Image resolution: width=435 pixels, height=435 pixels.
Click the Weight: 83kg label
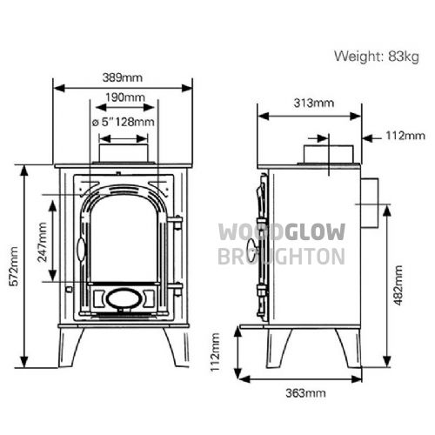377,57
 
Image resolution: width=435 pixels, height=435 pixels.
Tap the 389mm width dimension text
123,77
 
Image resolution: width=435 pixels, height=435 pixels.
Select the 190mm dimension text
125,97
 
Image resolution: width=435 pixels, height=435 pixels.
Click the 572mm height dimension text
14,266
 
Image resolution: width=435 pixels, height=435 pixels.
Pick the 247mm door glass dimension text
43,242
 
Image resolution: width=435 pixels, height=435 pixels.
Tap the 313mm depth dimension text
314,103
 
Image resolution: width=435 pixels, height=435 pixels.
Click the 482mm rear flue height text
398,285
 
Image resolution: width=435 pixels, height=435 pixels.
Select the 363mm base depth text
305,393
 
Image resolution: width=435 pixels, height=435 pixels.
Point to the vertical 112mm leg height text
215,352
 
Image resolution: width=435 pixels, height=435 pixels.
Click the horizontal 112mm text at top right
405,136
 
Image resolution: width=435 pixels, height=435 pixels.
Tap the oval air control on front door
124,298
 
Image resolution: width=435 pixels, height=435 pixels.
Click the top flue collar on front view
124,153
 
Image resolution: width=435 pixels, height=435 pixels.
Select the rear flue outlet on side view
370,203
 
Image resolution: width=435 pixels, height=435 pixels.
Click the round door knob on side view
251,247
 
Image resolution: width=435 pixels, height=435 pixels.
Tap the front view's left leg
70,347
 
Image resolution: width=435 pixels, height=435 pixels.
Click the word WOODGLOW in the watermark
282,232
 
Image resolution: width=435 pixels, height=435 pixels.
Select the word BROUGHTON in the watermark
281,257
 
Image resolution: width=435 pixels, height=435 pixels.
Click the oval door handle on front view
82,250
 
